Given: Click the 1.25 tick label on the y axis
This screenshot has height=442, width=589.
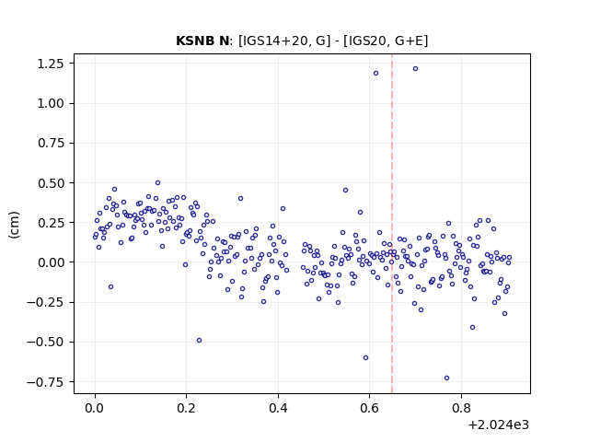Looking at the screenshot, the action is pyautogui.click(x=51, y=64).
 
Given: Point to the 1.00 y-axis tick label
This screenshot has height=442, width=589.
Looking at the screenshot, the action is pyautogui.click(x=51, y=103).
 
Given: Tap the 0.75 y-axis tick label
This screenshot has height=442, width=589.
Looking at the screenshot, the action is pyautogui.click(x=51, y=144).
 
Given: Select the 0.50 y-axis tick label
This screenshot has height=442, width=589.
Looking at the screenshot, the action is pyautogui.click(x=51, y=183).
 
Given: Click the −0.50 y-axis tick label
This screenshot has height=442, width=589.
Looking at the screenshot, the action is pyautogui.click(x=45, y=342).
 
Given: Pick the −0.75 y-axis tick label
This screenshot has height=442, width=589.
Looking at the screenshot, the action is pyautogui.click(x=45, y=382).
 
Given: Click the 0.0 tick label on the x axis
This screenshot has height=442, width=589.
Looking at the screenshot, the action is pyautogui.click(x=95, y=408).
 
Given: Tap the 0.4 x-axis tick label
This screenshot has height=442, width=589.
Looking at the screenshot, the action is pyautogui.click(x=278, y=408).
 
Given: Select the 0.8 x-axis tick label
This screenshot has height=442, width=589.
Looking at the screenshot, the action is pyautogui.click(x=461, y=408).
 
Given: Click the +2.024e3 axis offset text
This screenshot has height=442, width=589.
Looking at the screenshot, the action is pyautogui.click(x=498, y=425).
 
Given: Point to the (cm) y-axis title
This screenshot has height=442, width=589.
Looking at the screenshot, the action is pyautogui.click(x=14, y=225).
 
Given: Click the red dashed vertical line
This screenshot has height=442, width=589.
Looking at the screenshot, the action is pyautogui.click(x=392, y=224).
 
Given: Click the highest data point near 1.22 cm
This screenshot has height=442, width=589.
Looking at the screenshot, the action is pyautogui.click(x=415, y=69).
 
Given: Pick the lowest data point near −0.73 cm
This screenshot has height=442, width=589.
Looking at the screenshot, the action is pyautogui.click(x=446, y=378).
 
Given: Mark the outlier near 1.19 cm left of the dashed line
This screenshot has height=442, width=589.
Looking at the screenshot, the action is pyautogui.click(x=375, y=74).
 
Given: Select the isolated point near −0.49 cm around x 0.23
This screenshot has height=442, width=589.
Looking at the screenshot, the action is pyautogui.click(x=199, y=341).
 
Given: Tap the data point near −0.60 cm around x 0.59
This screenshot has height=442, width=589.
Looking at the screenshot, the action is pyautogui.click(x=365, y=358).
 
